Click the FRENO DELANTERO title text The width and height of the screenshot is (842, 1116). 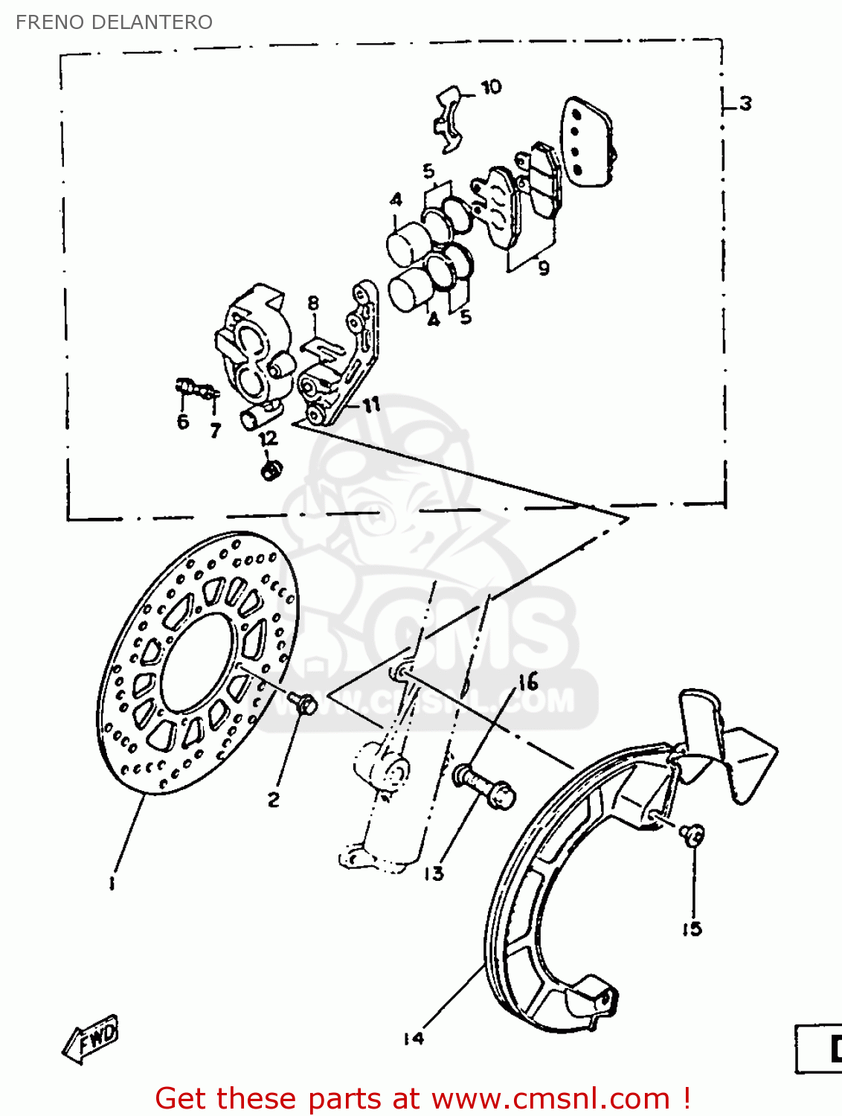[x=114, y=22]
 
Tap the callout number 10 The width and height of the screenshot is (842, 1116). [x=491, y=87]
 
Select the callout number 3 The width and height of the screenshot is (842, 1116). [x=745, y=103]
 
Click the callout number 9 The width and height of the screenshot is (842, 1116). [x=544, y=268]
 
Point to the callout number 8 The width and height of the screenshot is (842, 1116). [x=313, y=303]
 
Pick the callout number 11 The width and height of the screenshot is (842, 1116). [x=371, y=404]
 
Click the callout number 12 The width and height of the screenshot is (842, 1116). [x=268, y=438]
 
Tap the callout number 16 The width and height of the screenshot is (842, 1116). [x=528, y=682]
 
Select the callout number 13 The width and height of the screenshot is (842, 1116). [x=434, y=873]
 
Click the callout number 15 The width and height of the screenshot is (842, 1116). [x=692, y=929]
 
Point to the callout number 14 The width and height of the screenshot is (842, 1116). [x=414, y=1038]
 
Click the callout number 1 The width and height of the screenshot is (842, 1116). [x=112, y=883]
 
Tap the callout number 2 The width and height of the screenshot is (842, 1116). [x=274, y=800]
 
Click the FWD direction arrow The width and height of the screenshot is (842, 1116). [x=91, y=1037]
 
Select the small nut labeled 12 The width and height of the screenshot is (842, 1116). [x=271, y=469]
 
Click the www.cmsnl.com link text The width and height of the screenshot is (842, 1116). [x=550, y=1098]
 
